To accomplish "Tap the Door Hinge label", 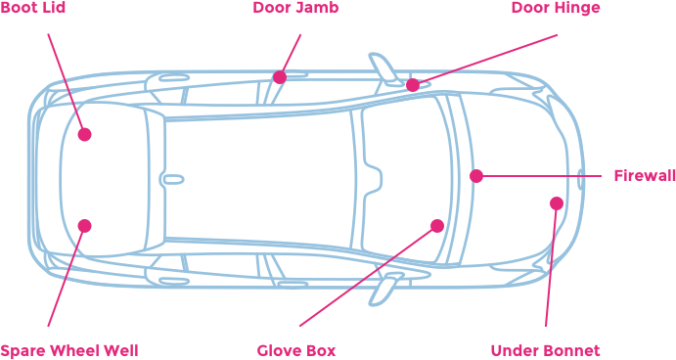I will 555,8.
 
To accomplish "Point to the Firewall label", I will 645,176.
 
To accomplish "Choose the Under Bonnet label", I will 544,350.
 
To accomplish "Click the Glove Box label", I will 296,350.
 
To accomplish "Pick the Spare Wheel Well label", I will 68,350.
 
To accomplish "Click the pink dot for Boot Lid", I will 84,134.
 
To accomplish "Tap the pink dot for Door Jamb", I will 280,76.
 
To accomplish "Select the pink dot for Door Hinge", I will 413,85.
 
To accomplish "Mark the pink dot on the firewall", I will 476,176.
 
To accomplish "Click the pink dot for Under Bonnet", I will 556,203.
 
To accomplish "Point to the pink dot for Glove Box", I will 437,226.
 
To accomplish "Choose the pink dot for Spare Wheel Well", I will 84,226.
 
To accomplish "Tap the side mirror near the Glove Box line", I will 386,288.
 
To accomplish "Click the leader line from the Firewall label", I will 548,176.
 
